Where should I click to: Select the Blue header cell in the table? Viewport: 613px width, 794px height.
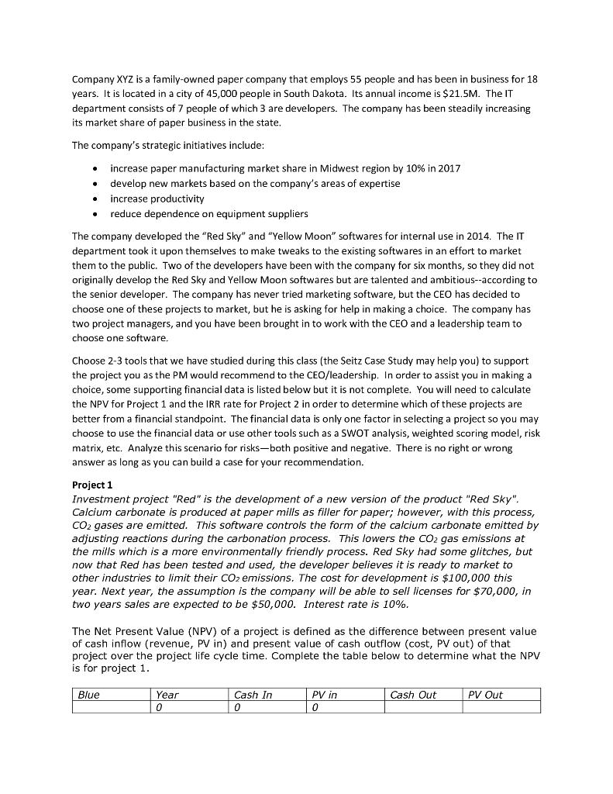pyautogui.click(x=89, y=695)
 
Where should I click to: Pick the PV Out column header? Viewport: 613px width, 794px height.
pyautogui.click(x=485, y=695)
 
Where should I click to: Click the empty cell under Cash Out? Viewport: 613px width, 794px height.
pyautogui.click(x=423, y=706)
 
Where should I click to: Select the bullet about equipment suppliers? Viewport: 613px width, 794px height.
pyautogui.click(x=208, y=213)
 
